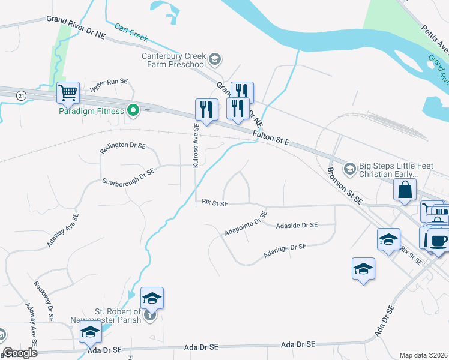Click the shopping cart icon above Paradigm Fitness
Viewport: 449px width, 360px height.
68,93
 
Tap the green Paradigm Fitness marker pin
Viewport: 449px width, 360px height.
133,110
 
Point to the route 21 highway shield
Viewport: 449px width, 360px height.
22,96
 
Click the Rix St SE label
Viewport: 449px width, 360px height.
215,203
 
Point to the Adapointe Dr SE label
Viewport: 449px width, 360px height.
246,223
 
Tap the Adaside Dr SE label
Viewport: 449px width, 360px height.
297,225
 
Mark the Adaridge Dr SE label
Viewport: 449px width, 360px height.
285,251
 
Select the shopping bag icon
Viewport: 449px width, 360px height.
405,189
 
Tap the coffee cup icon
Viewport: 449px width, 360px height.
437,241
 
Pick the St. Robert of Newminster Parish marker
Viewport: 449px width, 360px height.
150,314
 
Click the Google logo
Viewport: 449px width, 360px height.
20,353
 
